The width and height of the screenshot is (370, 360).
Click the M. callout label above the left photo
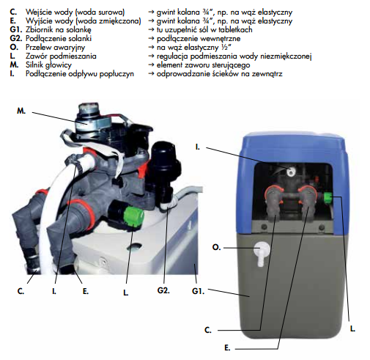coord(21,111)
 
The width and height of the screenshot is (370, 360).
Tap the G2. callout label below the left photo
coord(163,290)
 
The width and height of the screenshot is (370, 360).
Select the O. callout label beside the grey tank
coord(216,248)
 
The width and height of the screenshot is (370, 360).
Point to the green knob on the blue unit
coord(328,198)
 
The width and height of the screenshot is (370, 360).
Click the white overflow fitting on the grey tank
coord(262,253)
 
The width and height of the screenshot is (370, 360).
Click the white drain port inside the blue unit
coord(290,172)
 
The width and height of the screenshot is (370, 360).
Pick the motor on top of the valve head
coord(89,119)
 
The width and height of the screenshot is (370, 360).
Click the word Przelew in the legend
coord(38,47)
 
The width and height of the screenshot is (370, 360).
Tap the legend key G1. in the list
coord(16,29)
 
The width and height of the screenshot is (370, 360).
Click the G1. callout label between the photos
coord(198,291)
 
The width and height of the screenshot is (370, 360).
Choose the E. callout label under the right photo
coord(227,348)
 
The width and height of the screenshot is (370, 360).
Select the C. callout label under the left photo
coord(21,291)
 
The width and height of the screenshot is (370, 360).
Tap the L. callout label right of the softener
coord(352,328)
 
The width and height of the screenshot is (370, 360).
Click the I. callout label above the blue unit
coord(197,147)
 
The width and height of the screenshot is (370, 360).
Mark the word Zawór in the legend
coord(37,56)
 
